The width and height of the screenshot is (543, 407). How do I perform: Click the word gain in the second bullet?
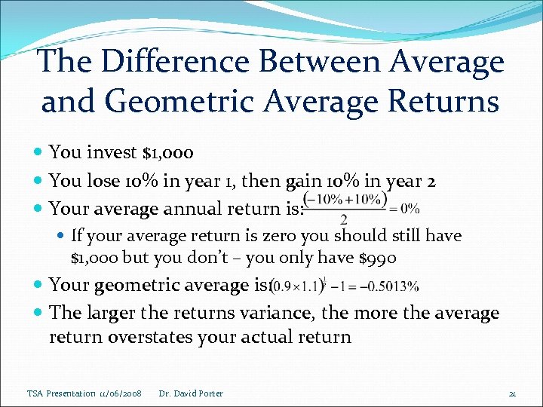point(302,181)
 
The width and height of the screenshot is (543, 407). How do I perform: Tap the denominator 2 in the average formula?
point(344,220)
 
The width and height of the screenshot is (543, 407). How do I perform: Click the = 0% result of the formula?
point(403,208)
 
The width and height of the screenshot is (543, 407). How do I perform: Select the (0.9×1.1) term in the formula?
point(295,286)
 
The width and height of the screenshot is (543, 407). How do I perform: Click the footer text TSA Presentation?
point(61,393)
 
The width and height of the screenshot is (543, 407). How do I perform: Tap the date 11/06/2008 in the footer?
point(118,393)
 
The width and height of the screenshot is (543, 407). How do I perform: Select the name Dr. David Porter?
point(191,393)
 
